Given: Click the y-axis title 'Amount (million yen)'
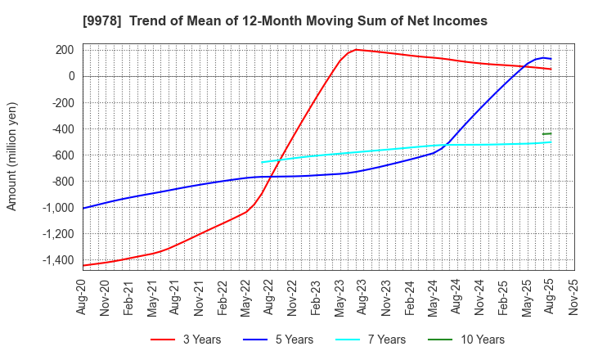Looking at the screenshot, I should coord(11,156).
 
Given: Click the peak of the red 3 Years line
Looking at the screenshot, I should coord(356,49).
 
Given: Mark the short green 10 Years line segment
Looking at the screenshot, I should coord(546,133).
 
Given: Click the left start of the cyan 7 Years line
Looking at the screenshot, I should coord(262,161).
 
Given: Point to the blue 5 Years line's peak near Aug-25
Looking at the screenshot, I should coord(542,57).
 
